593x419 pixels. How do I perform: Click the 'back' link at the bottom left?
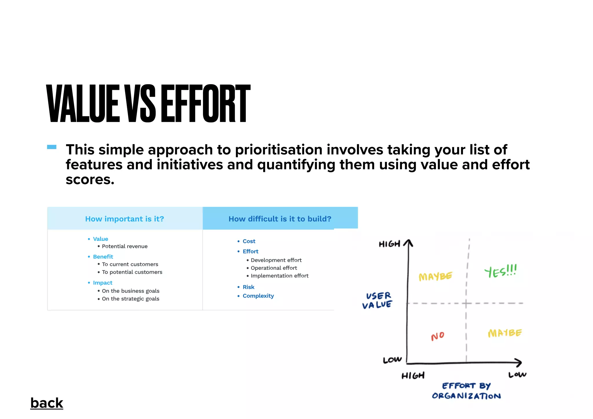[47, 403]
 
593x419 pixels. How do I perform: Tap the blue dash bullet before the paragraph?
[52, 147]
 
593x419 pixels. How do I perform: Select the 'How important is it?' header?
[125, 219]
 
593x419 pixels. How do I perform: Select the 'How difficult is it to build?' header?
[280, 219]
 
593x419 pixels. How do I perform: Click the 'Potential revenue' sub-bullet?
[125, 246]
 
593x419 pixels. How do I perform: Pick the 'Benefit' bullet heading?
[103, 257]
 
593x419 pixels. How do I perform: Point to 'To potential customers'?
[132, 272]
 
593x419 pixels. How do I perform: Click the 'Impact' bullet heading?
[103, 283]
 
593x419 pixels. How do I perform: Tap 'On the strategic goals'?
[130, 299]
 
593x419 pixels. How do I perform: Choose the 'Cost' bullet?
[249, 241]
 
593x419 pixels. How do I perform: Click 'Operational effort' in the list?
[274, 268]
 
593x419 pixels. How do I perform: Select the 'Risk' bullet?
[248, 287]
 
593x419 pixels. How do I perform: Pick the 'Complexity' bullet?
[258, 296]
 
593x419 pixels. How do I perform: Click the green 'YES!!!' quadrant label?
[500, 271]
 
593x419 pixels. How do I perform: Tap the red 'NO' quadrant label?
[438, 336]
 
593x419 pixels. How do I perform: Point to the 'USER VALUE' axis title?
[378, 300]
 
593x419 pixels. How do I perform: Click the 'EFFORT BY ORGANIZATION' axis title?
[466, 391]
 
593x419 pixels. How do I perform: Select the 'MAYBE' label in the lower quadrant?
[505, 333]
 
